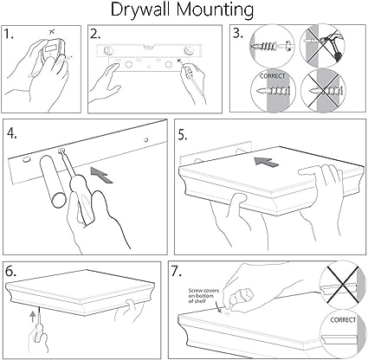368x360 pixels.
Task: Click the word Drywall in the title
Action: (141, 10)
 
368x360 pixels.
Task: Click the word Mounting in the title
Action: (215, 10)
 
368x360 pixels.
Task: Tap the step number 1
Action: (9, 34)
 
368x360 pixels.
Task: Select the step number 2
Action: (95, 34)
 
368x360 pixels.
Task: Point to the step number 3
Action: (238, 34)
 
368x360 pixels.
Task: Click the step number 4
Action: (12, 133)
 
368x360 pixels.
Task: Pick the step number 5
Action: (183, 135)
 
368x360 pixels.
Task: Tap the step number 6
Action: (10, 273)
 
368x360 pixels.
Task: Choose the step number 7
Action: (177, 272)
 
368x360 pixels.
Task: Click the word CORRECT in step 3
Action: (272, 76)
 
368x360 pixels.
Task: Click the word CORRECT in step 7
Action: (343, 320)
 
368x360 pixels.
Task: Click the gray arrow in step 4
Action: (101, 174)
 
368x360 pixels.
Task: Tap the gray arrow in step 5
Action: (267, 161)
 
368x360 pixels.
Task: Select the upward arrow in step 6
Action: (33, 316)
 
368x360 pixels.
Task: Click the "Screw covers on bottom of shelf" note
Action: (203, 296)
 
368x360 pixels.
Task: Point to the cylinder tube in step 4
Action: (54, 181)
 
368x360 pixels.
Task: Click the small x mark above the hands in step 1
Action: (52, 31)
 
